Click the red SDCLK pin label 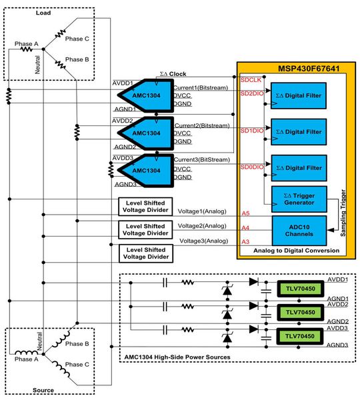tap(250, 80)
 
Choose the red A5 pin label tap(245, 213)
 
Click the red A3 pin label tap(245, 241)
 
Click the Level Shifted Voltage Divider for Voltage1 tap(145, 205)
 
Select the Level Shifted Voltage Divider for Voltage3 tap(145, 253)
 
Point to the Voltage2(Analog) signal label tap(202, 227)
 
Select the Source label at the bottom tap(43, 390)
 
